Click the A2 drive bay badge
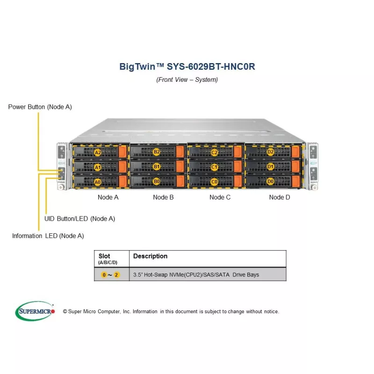(x=98, y=152)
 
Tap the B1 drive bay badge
(x=157, y=166)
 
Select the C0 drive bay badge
(x=215, y=181)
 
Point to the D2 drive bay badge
(x=271, y=152)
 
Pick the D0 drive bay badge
(x=271, y=181)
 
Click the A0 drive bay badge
(x=98, y=181)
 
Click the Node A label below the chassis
(x=108, y=197)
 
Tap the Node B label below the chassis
(x=163, y=197)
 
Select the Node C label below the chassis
(x=220, y=197)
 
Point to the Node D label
(x=280, y=197)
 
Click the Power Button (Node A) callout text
(x=40, y=107)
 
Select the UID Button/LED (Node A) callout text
(x=79, y=218)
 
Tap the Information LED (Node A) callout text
(x=48, y=236)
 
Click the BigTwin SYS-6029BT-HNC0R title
(x=187, y=66)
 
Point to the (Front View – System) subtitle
(x=187, y=79)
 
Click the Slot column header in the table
(x=105, y=256)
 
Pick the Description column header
(x=150, y=256)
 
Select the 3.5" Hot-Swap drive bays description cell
(x=196, y=274)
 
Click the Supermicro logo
(x=35, y=311)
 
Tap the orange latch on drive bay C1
(x=237, y=166)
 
